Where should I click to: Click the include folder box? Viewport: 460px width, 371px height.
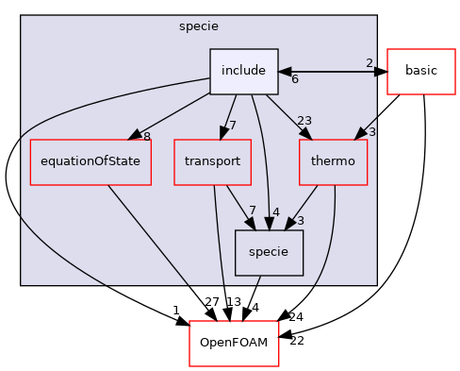[x=243, y=72]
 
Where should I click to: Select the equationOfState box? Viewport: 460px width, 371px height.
[x=85, y=161]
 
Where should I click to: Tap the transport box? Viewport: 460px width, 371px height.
[x=212, y=161]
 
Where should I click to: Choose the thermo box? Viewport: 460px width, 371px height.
[x=333, y=161]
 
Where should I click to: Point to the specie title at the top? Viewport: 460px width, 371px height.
[x=198, y=25]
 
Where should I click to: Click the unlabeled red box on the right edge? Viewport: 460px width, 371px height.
[x=420, y=72]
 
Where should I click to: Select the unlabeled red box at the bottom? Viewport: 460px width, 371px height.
[x=234, y=343]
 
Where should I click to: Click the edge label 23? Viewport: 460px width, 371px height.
[x=304, y=120]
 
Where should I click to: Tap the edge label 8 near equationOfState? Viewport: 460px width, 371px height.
[x=146, y=137]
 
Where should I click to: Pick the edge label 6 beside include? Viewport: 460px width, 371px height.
[x=295, y=79]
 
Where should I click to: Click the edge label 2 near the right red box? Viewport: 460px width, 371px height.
[x=370, y=63]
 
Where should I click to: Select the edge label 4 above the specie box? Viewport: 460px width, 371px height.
[x=276, y=211]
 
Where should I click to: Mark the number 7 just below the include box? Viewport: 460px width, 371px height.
[x=232, y=126]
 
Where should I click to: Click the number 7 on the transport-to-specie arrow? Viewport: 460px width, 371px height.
[x=252, y=210]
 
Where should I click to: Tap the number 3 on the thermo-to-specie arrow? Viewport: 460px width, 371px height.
[x=300, y=221]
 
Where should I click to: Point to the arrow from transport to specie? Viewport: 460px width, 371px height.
[x=236, y=206]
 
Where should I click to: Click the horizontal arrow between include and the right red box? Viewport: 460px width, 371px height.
[x=330, y=72]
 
